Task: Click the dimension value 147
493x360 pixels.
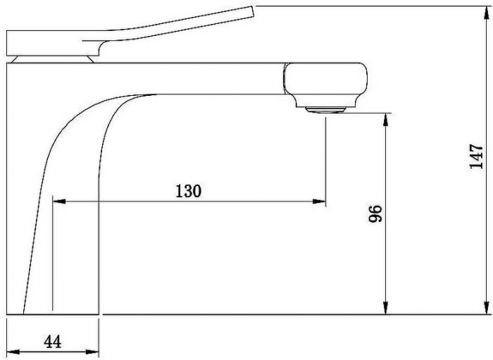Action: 475,156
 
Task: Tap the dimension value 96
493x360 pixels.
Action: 375,213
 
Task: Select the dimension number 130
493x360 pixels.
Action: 188,191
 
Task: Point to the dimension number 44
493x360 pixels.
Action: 53,342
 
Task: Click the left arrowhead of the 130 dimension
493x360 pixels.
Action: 59,201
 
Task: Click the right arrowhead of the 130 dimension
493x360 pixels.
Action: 319,201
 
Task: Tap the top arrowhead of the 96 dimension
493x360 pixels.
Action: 386,120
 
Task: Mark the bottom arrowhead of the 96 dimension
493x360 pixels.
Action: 386,307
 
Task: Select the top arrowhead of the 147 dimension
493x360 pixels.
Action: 487,12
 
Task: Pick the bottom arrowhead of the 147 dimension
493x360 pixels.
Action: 487,307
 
